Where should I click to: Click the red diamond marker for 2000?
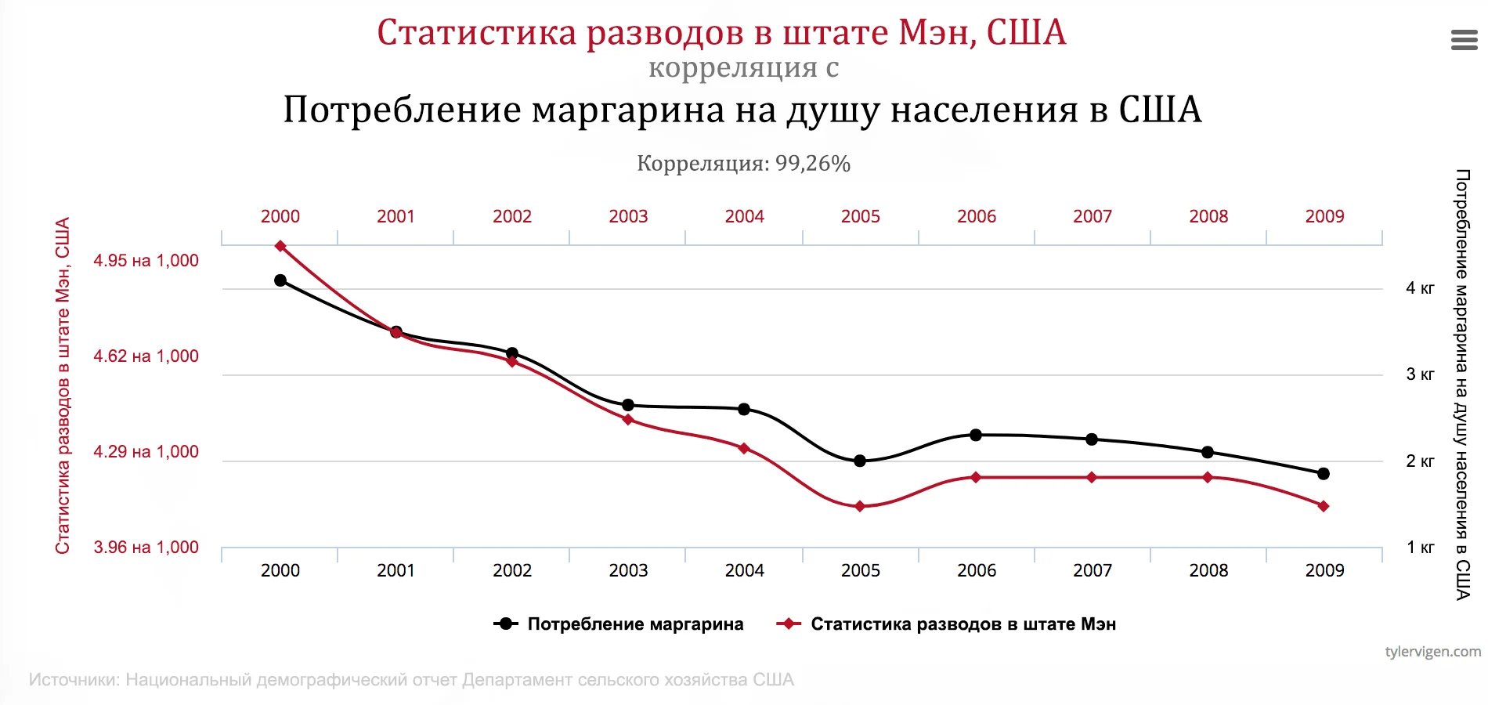(x=280, y=246)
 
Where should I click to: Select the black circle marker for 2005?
(x=860, y=461)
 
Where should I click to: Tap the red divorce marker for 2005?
(x=860, y=507)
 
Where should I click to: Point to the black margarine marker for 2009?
(x=1324, y=473)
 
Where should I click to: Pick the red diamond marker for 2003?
(x=628, y=420)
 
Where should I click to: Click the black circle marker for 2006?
(x=976, y=435)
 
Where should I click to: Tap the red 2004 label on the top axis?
(x=744, y=216)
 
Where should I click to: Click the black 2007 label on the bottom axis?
(x=1093, y=570)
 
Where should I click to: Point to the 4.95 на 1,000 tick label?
(x=146, y=261)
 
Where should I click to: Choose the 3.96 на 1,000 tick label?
(x=146, y=548)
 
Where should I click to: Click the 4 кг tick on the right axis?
(x=1419, y=288)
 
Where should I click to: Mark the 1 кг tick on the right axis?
(x=1419, y=548)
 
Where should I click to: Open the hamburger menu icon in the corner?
(x=1464, y=40)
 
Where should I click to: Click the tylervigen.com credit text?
(x=1432, y=651)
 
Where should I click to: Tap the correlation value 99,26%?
(x=812, y=164)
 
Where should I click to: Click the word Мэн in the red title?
(x=936, y=33)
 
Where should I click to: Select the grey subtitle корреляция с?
(x=743, y=68)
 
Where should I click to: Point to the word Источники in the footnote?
(x=74, y=680)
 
